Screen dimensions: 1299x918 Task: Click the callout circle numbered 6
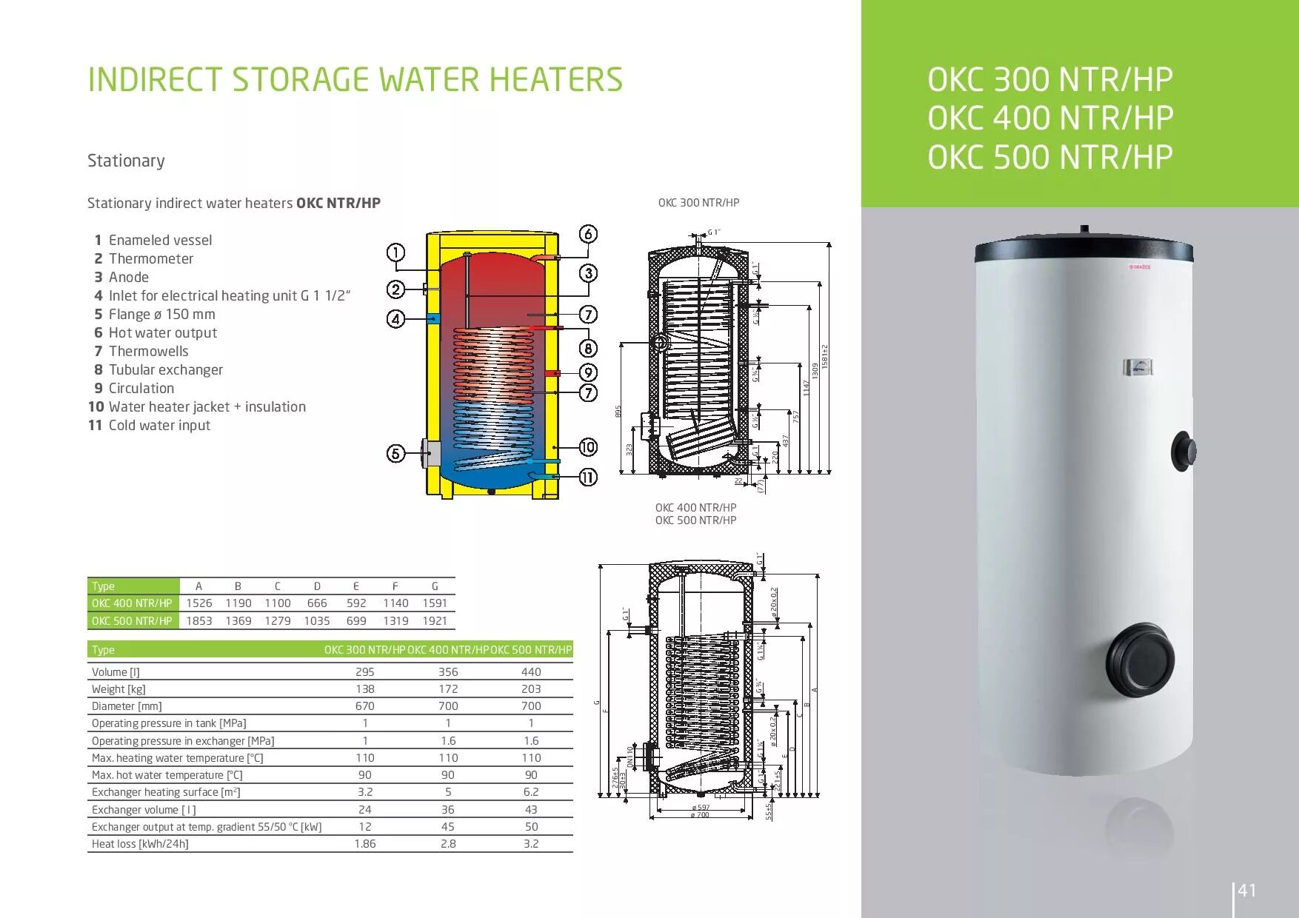click(588, 234)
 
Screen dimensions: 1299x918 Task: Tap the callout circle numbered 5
click(396, 453)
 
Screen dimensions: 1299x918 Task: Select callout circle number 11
click(588, 478)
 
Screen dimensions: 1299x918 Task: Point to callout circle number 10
click(588, 446)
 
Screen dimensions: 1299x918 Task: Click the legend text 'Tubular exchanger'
click(165, 369)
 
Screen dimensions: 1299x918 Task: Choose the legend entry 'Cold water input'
click(159, 425)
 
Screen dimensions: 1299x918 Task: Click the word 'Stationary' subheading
click(126, 161)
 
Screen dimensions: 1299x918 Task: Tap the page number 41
click(1247, 890)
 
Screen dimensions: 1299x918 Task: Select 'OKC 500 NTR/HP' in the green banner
click(1050, 157)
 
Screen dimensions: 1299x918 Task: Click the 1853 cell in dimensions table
click(198, 620)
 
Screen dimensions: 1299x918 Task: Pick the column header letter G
click(435, 586)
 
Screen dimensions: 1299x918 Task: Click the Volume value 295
click(364, 672)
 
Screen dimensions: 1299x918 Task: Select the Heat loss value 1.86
click(364, 844)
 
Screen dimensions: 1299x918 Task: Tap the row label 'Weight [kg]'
click(118, 689)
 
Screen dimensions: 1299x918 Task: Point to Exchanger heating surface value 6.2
click(531, 792)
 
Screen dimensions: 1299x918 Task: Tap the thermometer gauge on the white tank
click(1138, 367)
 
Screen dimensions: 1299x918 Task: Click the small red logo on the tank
click(1140, 267)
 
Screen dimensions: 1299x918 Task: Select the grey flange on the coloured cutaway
click(431, 452)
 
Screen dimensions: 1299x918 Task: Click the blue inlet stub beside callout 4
click(434, 318)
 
